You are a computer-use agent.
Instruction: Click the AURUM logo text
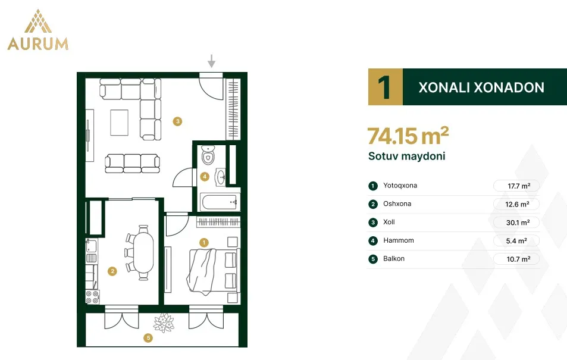pyautogui.click(x=38, y=44)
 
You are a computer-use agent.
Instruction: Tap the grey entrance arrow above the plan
pyautogui.click(x=212, y=61)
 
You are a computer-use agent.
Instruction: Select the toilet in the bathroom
pyautogui.click(x=208, y=155)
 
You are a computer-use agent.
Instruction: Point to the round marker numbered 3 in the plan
pyautogui.click(x=177, y=121)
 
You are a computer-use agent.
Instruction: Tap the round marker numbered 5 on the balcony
pyautogui.click(x=148, y=338)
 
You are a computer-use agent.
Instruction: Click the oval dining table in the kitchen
pyautogui.click(x=143, y=252)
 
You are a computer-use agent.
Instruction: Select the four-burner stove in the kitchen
pyautogui.click(x=92, y=297)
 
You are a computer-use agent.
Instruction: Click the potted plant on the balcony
pyautogui.click(x=164, y=323)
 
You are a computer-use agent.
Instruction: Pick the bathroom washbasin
pyautogui.click(x=221, y=177)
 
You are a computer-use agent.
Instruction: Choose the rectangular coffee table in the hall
pyautogui.click(x=120, y=123)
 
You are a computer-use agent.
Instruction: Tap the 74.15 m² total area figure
pyautogui.click(x=408, y=136)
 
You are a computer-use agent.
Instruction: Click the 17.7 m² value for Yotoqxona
pyautogui.click(x=519, y=186)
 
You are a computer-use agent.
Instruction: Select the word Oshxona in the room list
pyautogui.click(x=397, y=204)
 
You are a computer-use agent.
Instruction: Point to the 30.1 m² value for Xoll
pyautogui.click(x=518, y=223)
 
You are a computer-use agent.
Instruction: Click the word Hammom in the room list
pyautogui.click(x=399, y=240)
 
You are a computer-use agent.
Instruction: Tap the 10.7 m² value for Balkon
pyautogui.click(x=518, y=259)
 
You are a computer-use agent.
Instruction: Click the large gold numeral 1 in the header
pyautogui.click(x=385, y=87)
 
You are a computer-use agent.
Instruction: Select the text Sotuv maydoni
pyautogui.click(x=407, y=156)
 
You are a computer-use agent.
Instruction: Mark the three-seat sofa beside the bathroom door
pyautogui.click(x=132, y=164)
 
